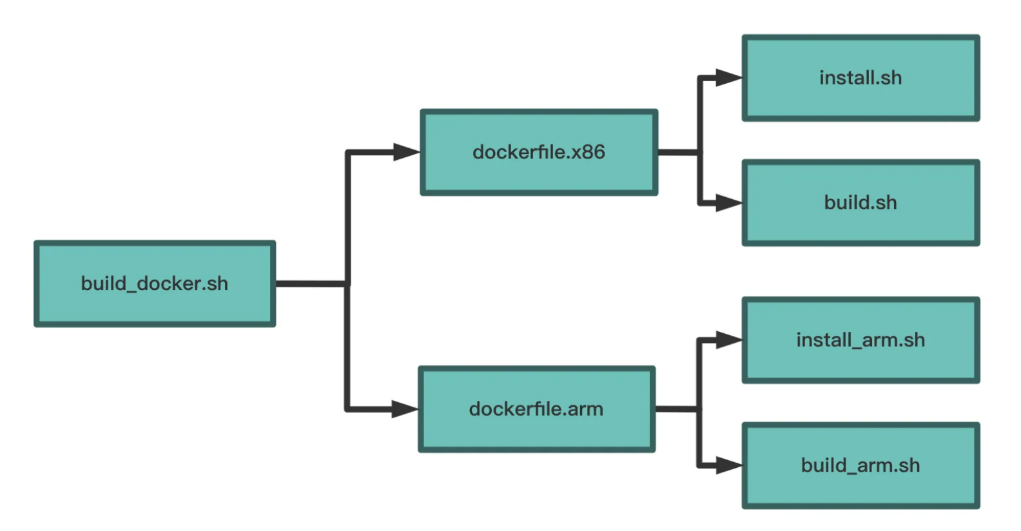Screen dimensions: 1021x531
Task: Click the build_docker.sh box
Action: tap(155, 284)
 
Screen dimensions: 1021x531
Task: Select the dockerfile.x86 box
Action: tap(539, 152)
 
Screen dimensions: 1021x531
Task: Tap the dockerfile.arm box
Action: tap(536, 409)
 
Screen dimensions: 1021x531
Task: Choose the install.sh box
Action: tap(861, 78)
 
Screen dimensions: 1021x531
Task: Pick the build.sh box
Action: tap(861, 203)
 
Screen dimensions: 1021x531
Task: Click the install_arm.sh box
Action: tap(861, 340)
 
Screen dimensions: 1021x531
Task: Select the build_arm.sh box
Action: tap(861, 465)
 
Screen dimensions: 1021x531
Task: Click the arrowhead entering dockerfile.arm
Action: tap(405, 409)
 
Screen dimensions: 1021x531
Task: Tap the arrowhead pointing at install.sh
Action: tap(729, 78)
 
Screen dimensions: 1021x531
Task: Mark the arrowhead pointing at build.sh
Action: tap(729, 203)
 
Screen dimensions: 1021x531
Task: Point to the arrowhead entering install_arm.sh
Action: tap(729, 340)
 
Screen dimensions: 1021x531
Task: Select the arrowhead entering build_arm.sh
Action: tap(729, 465)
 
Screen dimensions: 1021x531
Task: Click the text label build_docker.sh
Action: tap(155, 284)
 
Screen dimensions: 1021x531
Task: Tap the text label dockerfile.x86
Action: tap(539, 152)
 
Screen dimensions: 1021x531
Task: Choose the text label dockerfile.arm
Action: tap(536, 409)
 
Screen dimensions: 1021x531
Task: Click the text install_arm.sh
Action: tap(861, 340)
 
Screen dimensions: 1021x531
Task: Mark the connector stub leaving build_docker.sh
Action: tap(312, 284)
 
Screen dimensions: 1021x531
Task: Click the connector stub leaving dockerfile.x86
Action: tap(679, 152)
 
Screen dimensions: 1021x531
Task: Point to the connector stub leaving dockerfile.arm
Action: tap(677, 409)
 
